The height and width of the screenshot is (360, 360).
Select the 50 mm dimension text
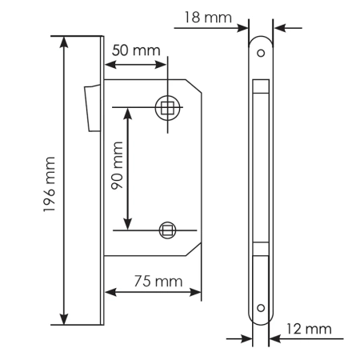(x=135, y=50)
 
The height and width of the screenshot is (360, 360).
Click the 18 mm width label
(x=198, y=17)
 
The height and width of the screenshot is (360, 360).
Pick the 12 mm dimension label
(x=307, y=329)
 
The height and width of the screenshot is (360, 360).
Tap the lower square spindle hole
(x=166, y=230)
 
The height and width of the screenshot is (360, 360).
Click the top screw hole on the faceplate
(x=260, y=54)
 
